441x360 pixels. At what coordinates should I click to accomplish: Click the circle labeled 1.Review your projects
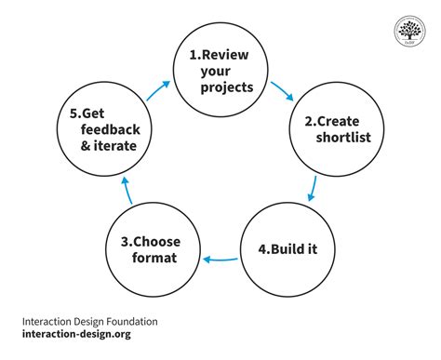click(221, 71)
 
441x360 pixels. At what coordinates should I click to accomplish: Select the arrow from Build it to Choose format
click(221, 260)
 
